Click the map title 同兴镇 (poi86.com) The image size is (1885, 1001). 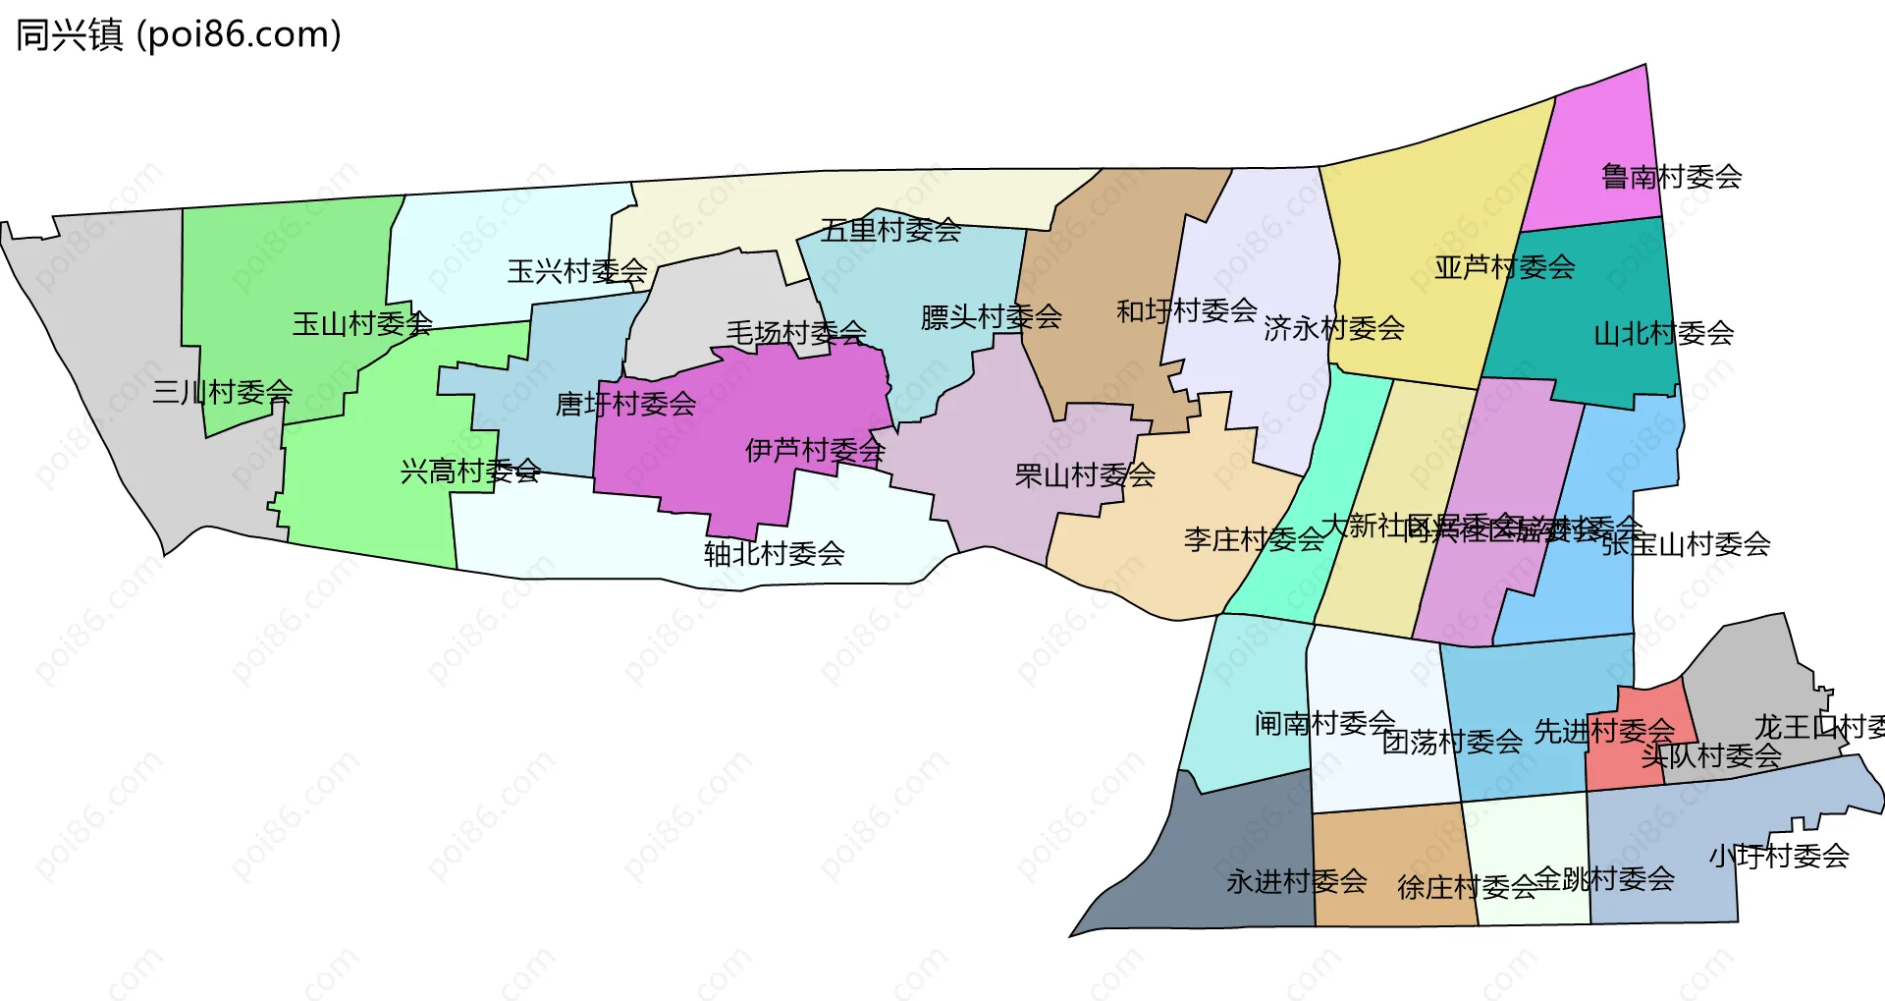179,35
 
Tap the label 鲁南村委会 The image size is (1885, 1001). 1671,177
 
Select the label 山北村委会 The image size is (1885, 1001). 1663,334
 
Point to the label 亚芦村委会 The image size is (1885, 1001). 1504,267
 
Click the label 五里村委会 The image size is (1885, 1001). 890,231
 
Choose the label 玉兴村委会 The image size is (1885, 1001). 576,271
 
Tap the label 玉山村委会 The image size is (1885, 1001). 361,324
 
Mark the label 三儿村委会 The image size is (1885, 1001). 222,393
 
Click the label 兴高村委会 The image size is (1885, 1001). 469,472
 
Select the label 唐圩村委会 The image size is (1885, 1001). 625,404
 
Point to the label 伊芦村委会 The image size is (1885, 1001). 815,451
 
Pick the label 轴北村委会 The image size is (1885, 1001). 774,554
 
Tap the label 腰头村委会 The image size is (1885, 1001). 991,317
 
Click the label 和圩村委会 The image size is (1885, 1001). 1186,311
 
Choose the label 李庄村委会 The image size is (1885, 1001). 1253,539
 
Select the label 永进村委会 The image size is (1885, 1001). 1296,882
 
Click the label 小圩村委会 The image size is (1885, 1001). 1778,857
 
